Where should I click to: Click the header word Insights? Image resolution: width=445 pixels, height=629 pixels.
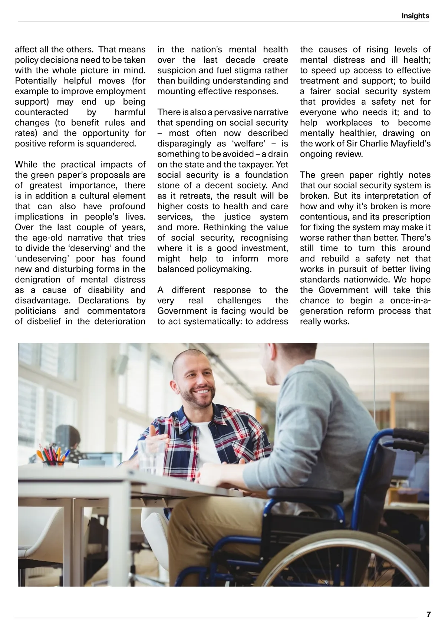pos(415,16)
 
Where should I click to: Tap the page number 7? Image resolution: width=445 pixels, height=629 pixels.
pos(429,615)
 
